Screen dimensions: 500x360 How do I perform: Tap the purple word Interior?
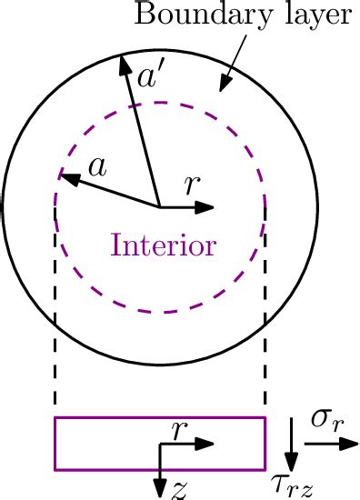click(164, 245)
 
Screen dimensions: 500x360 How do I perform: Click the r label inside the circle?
click(190, 185)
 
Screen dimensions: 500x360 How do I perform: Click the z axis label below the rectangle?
click(180, 490)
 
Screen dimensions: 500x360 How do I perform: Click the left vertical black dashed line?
click(55, 364)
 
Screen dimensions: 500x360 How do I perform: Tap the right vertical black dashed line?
click(265, 364)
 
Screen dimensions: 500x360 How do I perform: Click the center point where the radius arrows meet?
click(161, 207)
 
